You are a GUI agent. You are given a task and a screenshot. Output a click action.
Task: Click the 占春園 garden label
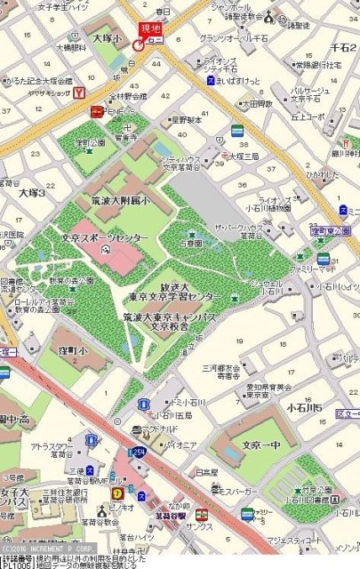pyautogui.click(x=192, y=241)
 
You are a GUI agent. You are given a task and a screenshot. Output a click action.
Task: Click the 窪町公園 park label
pyautogui.click(x=89, y=142)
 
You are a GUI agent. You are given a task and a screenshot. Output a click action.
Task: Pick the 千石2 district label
pyautogui.click(x=343, y=46)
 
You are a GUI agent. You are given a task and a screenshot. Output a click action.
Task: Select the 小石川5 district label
pyautogui.click(x=328, y=407)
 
